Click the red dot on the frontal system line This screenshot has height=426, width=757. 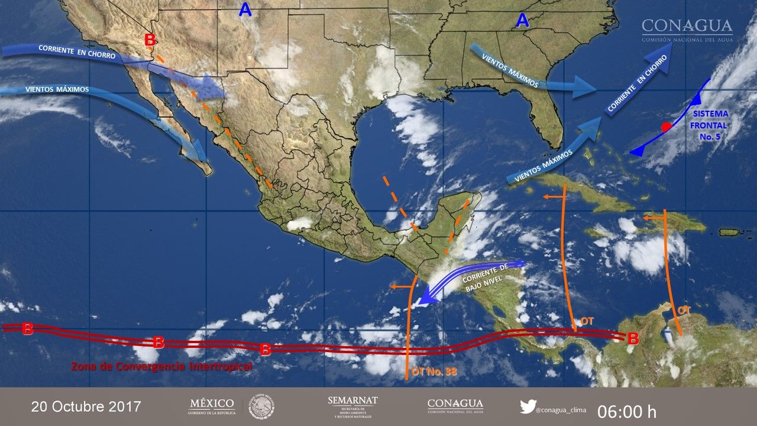pos(666,126)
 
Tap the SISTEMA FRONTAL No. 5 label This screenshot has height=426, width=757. pos(712,125)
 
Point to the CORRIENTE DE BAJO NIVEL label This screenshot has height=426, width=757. pos(485,278)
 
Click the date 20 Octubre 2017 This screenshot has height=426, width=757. pos(86,407)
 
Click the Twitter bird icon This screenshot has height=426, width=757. pos(528,406)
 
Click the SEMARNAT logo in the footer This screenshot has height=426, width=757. pos(352,406)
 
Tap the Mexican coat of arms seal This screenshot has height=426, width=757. pos(261,407)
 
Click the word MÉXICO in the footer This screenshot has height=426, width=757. pos(211,404)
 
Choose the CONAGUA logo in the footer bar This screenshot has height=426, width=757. pos(455,406)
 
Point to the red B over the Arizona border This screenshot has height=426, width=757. pos(150,40)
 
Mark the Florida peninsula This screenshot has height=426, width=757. pos(547,118)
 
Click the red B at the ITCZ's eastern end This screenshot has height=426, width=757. pos(633,339)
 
